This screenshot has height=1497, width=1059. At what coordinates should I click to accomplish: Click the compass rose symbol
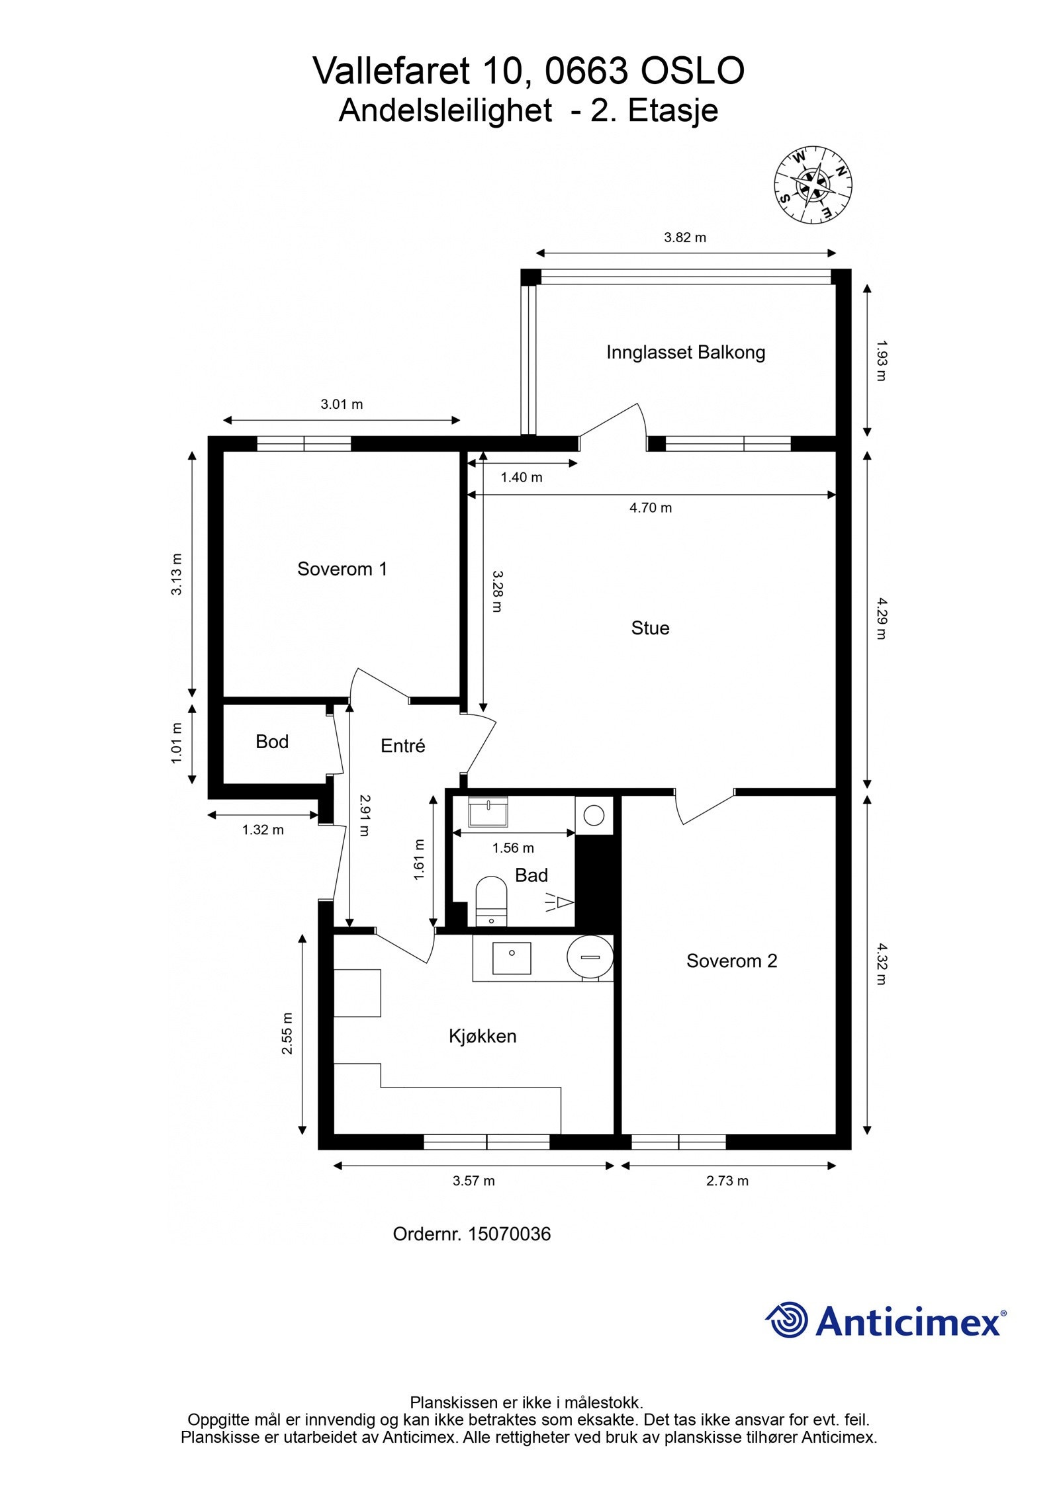[x=813, y=185]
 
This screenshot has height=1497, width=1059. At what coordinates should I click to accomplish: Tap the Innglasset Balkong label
[x=686, y=352]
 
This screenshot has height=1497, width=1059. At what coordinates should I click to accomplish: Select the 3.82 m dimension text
[x=685, y=237]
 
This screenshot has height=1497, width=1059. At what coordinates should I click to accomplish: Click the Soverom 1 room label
[x=342, y=569]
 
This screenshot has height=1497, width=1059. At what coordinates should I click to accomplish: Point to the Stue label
[x=650, y=628]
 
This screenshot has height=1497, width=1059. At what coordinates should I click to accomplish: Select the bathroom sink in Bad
[x=488, y=812]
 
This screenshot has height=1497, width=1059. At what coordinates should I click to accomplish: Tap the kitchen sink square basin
[x=512, y=959]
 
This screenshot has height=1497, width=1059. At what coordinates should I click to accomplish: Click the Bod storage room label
[x=272, y=742]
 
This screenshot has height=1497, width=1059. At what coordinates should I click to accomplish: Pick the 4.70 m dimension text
[x=650, y=508]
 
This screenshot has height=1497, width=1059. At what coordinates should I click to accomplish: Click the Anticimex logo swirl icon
[x=788, y=1319]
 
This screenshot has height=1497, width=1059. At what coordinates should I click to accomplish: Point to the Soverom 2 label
[x=731, y=961]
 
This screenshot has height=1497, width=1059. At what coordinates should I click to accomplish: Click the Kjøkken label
[x=483, y=1036]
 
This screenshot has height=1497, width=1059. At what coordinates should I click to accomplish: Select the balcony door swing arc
[x=619, y=418]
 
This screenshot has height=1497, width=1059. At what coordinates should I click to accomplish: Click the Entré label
[x=402, y=746]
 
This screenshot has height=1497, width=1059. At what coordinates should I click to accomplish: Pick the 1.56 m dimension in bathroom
[x=513, y=848]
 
